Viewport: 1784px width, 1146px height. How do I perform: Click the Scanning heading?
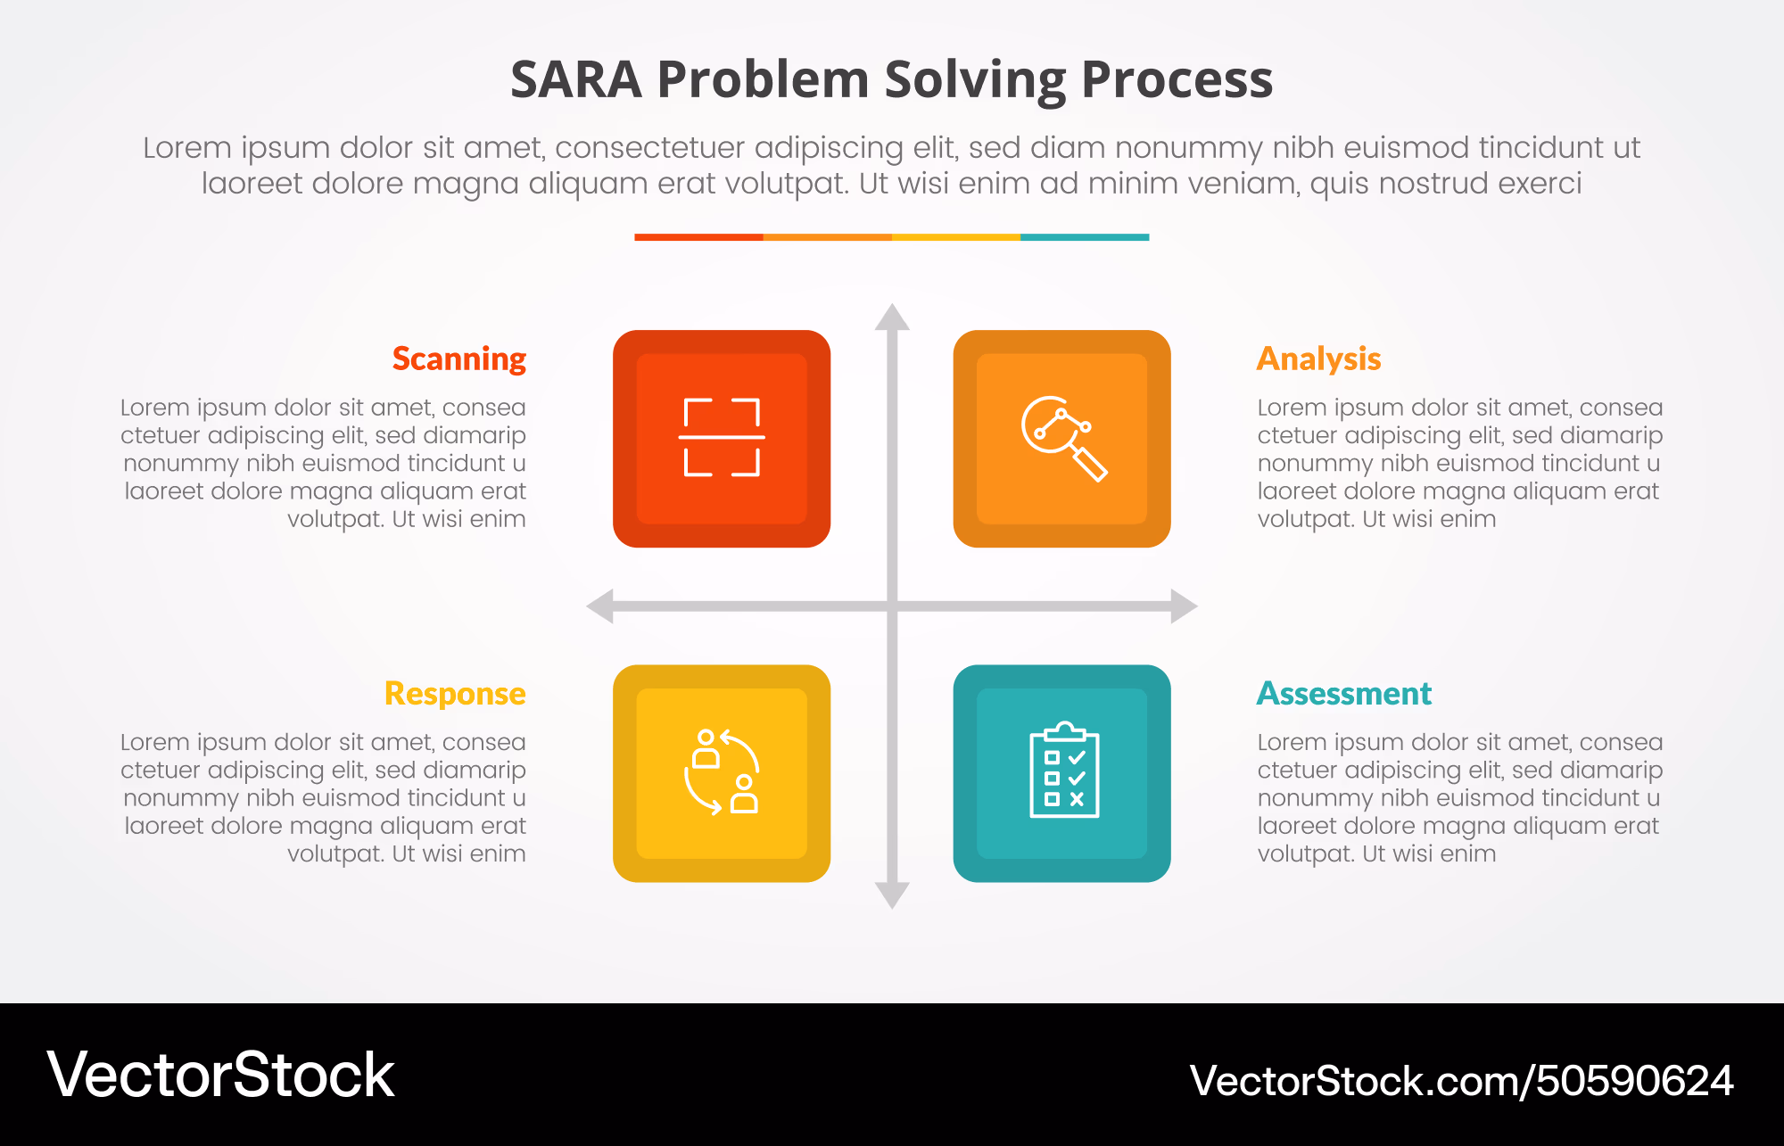(459, 359)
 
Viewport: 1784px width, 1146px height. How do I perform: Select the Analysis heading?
(1318, 359)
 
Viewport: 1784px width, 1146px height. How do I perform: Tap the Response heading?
(455, 694)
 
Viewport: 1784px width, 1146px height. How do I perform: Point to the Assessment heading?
(1343, 693)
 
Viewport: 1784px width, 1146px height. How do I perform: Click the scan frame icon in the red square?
(722, 438)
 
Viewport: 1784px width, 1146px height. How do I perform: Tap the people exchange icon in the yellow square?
(722, 772)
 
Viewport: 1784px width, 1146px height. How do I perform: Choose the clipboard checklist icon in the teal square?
(1064, 770)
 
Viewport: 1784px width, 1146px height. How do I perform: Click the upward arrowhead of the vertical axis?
(892, 317)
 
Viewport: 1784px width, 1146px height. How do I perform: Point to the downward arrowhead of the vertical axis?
(892, 895)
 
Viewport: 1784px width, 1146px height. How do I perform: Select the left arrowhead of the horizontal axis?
(599, 606)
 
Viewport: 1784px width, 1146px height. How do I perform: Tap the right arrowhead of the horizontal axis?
(1185, 606)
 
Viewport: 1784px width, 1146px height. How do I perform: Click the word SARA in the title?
(576, 79)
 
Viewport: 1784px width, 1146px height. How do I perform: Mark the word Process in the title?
(1177, 79)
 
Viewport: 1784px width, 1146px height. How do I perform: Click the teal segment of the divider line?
(1085, 237)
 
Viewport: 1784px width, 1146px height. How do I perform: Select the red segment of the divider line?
(698, 237)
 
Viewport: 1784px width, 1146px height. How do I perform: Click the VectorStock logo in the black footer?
(220, 1075)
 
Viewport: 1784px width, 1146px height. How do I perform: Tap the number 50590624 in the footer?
(1635, 1081)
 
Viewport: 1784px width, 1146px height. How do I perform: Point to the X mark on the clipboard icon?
(1077, 799)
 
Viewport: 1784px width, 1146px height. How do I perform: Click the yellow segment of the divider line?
(956, 237)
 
